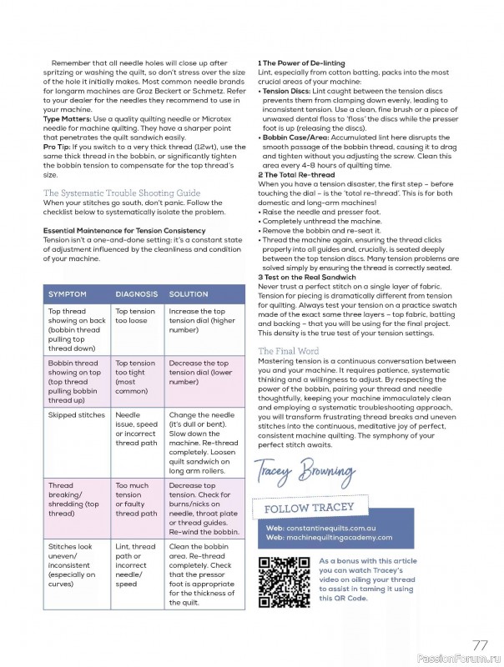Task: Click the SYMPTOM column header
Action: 68,294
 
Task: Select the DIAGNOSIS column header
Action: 136,294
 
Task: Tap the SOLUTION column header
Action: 189,294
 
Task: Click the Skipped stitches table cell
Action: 77,414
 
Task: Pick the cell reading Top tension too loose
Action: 135,316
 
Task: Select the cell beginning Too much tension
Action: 136,499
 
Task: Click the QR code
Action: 285,580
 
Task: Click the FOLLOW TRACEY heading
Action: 310,508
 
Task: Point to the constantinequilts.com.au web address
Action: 321,529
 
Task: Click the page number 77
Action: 480,644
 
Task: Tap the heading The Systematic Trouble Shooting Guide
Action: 122,193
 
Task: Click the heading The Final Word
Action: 288,351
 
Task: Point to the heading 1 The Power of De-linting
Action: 301,63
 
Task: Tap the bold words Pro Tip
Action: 58,147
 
